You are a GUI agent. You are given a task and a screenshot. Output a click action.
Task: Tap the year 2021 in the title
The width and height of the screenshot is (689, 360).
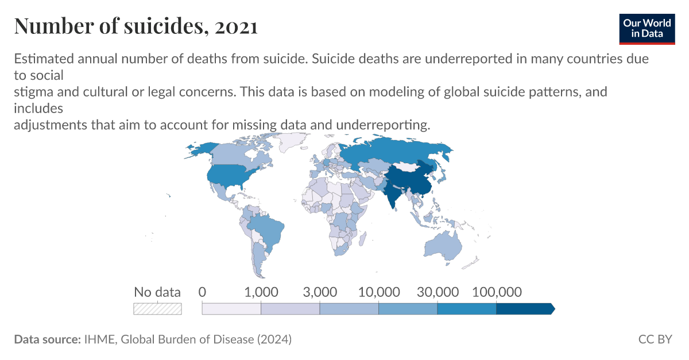[236, 26]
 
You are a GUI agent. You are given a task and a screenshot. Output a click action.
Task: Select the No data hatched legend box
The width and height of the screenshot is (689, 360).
[157, 308]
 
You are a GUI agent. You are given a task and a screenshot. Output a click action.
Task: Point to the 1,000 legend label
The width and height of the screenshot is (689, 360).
[261, 292]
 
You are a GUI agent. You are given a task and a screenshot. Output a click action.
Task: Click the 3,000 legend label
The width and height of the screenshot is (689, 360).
[320, 292]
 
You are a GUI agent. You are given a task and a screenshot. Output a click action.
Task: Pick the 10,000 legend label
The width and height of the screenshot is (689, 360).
[378, 292]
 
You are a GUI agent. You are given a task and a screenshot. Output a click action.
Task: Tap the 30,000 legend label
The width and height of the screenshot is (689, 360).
[437, 292]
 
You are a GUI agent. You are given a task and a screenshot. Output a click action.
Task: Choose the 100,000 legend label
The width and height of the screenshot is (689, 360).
[496, 292]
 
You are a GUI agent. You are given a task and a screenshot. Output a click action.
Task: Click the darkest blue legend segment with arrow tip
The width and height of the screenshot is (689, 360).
[524, 308]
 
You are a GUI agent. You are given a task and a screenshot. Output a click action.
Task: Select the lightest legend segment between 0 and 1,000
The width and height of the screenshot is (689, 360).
[231, 308]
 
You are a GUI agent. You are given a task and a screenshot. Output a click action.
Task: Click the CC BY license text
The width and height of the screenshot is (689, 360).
[655, 339]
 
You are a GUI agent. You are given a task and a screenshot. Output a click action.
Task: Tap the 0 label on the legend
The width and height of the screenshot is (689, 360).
[202, 292]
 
